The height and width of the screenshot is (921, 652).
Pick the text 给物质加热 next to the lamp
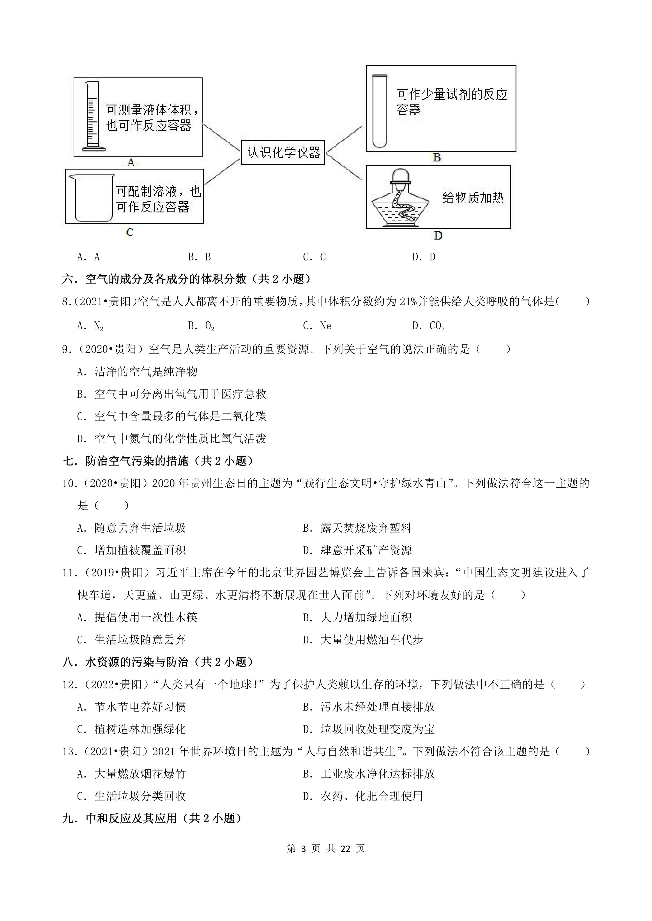pos(473,198)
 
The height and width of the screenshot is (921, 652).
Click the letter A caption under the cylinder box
pos(131,163)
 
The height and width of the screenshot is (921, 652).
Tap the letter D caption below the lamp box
pos(438,236)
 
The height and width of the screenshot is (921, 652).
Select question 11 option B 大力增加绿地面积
pos(357,617)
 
